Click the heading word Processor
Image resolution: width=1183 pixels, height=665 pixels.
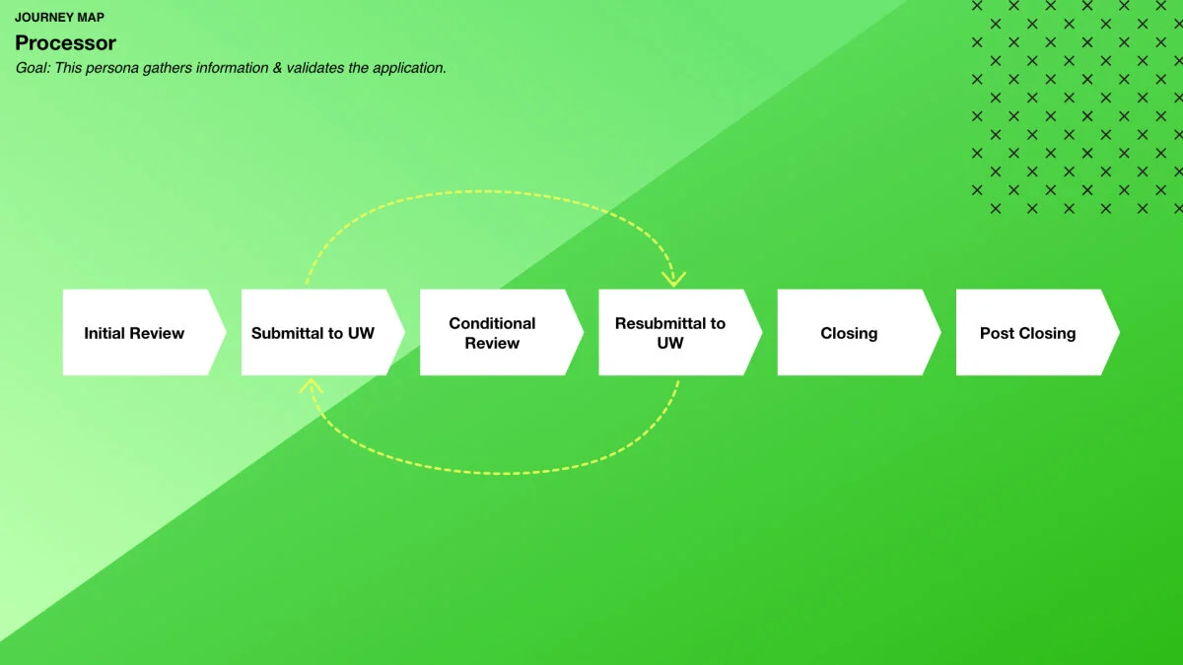pyautogui.click(x=65, y=43)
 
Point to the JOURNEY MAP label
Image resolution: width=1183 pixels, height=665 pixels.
pyautogui.click(x=59, y=18)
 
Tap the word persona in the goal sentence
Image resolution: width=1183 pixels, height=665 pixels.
pyautogui.click(x=113, y=68)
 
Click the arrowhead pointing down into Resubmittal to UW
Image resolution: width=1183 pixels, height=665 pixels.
pyautogui.click(x=673, y=279)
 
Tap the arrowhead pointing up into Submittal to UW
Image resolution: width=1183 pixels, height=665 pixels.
pyautogui.click(x=312, y=385)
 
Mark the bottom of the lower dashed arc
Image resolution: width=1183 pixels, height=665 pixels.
pyautogui.click(x=498, y=473)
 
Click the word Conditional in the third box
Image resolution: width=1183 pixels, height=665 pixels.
pyautogui.click(x=492, y=323)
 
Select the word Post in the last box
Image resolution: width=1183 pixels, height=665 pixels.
pyautogui.click(x=997, y=333)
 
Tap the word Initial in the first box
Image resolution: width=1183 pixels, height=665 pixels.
pyautogui.click(x=104, y=333)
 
